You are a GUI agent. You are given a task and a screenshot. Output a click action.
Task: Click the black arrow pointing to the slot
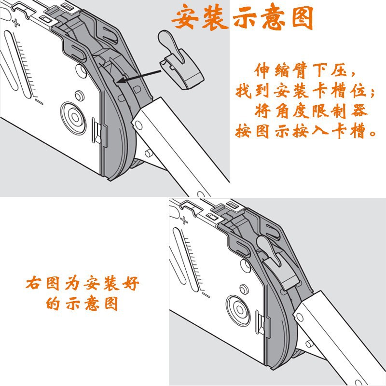click(x=138, y=76)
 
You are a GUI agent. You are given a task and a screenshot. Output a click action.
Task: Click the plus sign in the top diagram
click(x=16, y=23)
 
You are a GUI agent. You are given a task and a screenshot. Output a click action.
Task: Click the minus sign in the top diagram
click(x=39, y=101)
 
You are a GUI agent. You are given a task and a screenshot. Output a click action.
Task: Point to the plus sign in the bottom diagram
click(x=184, y=221)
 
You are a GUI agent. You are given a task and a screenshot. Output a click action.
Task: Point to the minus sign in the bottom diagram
click(x=207, y=294)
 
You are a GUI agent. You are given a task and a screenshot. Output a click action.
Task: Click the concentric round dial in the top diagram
click(x=73, y=115)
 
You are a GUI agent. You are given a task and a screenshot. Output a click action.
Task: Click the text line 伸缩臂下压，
click(x=305, y=71)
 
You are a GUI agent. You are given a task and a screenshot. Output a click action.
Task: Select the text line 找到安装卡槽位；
click(x=305, y=91)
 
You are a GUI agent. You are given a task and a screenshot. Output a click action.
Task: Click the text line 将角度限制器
click(x=311, y=111)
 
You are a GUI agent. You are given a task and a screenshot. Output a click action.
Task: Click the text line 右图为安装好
click(x=83, y=284)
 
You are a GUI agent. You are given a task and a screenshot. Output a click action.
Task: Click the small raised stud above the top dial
click(x=79, y=95)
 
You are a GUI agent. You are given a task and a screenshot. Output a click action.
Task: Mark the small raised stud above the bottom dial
click(x=244, y=289)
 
